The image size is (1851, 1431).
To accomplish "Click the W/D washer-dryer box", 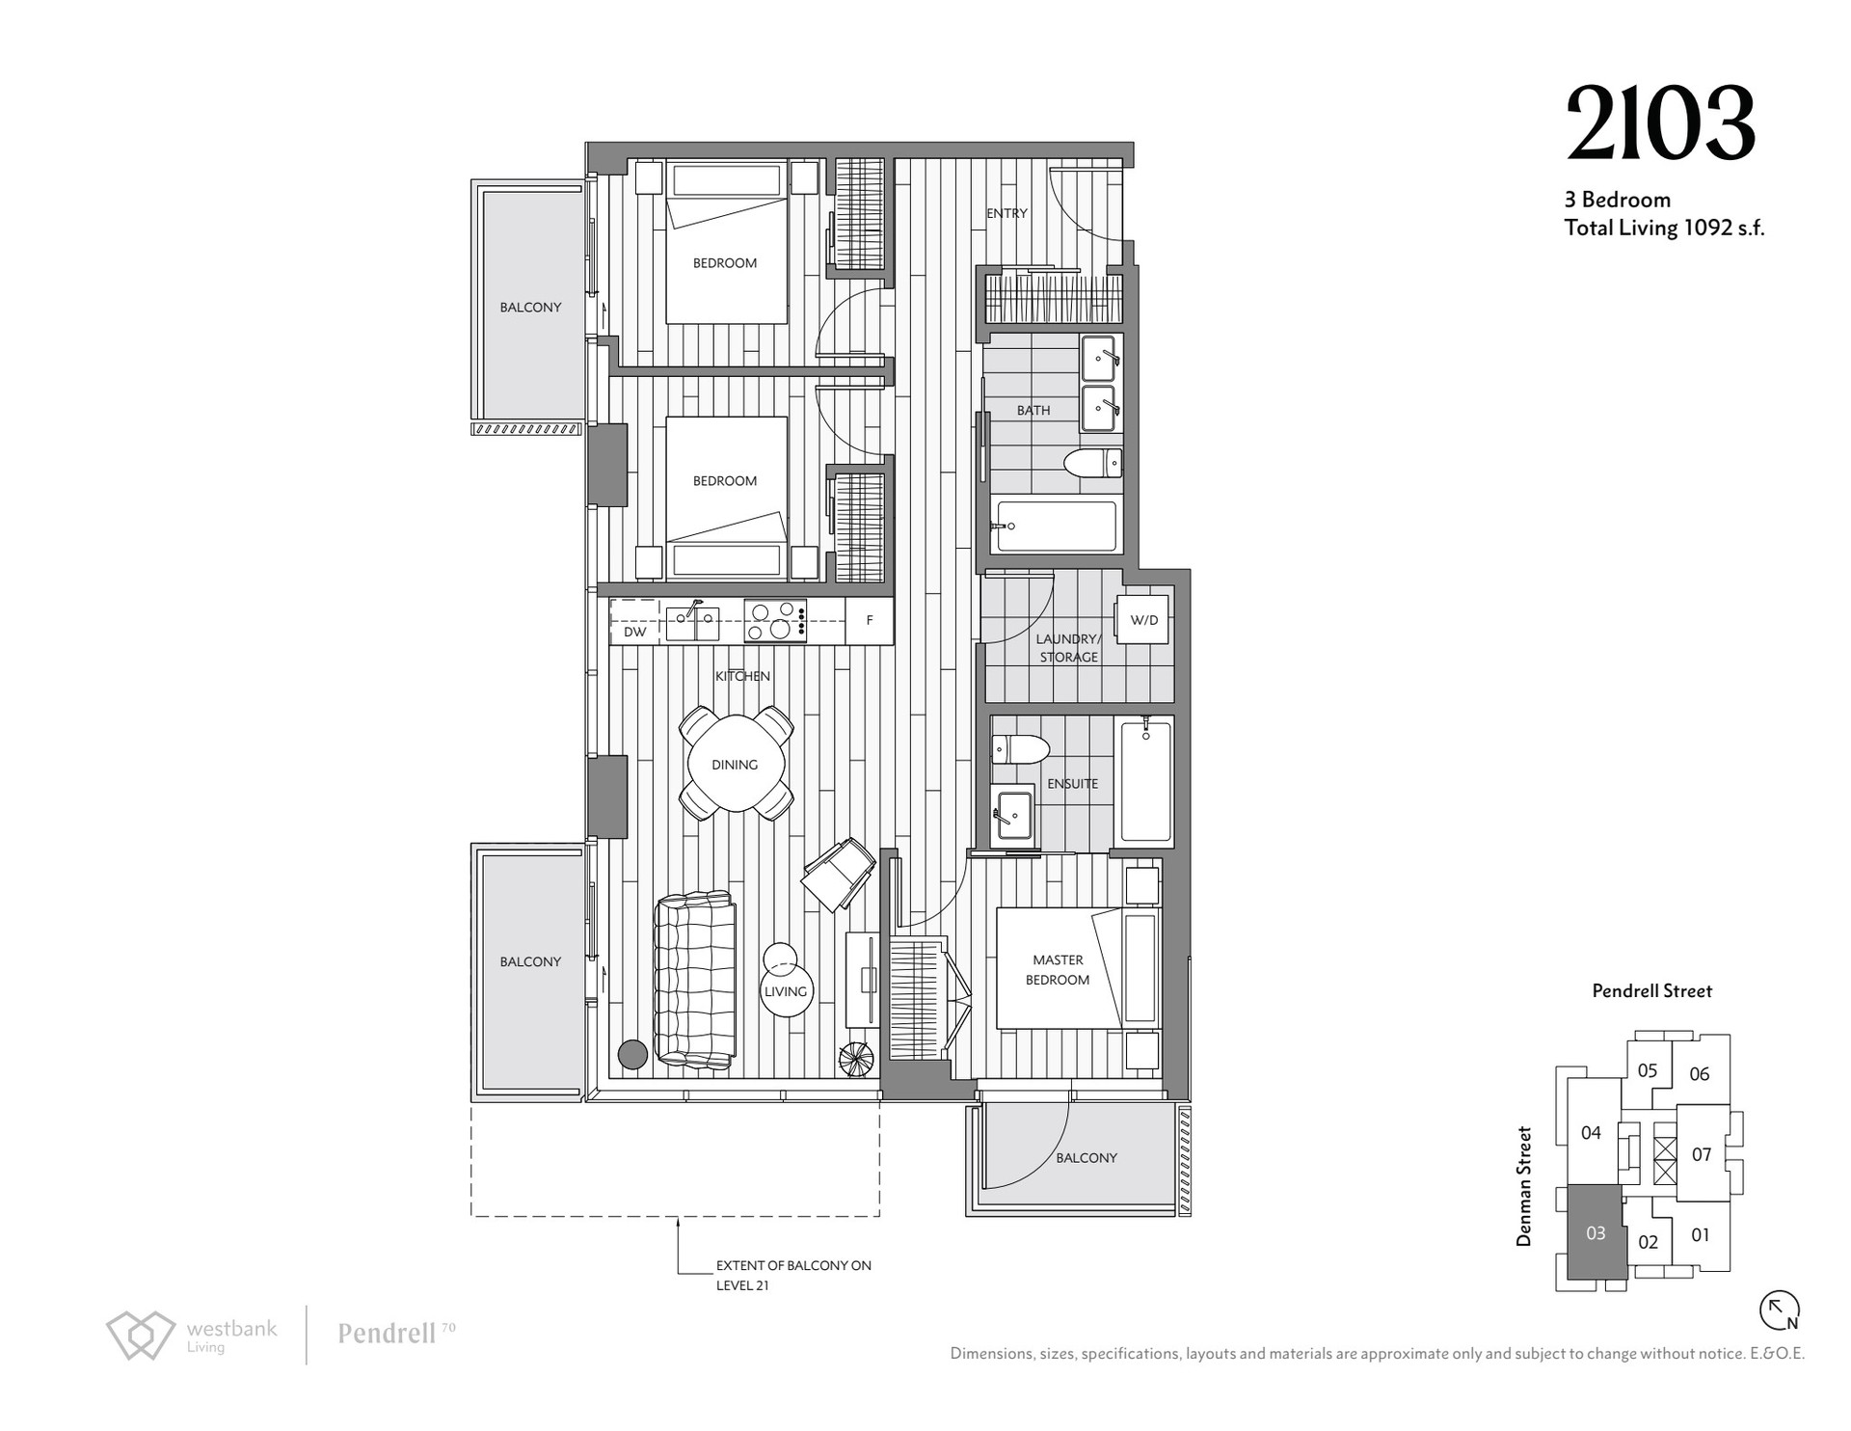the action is coord(1144,619).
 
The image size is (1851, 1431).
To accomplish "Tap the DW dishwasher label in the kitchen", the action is coord(634,633).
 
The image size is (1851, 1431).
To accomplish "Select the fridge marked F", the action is coord(870,621).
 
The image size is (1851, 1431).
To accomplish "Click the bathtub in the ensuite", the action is coord(1145,782).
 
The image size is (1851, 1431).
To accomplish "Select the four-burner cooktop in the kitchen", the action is coord(776,621).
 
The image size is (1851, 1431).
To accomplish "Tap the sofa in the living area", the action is coord(693,981).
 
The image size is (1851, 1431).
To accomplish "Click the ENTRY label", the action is coord(1006,213).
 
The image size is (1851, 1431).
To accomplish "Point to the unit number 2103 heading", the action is coord(1660,123).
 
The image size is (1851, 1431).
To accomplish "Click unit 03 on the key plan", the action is coord(1596,1231).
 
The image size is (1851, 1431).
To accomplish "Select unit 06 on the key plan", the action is coord(1700,1073).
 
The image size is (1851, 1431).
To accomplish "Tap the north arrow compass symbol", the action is coord(1780,1310).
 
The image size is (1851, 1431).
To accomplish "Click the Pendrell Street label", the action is coord(1652,990).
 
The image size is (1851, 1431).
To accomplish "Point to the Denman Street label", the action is coord(1524,1186).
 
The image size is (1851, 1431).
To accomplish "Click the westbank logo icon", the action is coord(141,1336).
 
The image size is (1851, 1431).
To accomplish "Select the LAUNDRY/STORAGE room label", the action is coord(1068,648).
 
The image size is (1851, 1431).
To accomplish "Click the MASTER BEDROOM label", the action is coord(1058,969).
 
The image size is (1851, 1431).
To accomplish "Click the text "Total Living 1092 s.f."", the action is coord(1664,229).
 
